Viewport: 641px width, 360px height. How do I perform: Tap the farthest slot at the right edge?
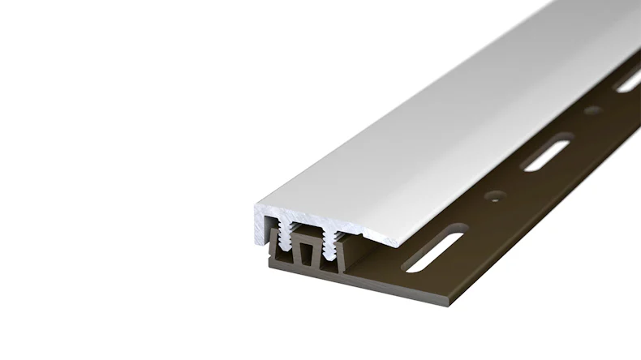[628, 81]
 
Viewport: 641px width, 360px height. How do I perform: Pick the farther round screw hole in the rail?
[587, 113]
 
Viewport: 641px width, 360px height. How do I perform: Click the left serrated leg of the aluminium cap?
[286, 239]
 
